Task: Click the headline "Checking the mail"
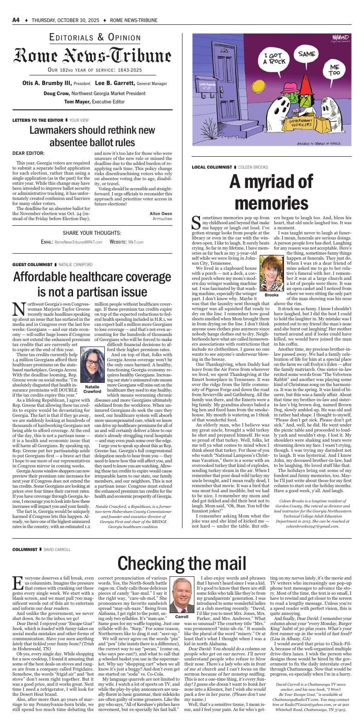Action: (182, 563)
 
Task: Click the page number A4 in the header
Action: (16, 20)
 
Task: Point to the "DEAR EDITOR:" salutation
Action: (28, 153)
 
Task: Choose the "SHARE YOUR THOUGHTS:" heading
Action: (92, 233)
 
